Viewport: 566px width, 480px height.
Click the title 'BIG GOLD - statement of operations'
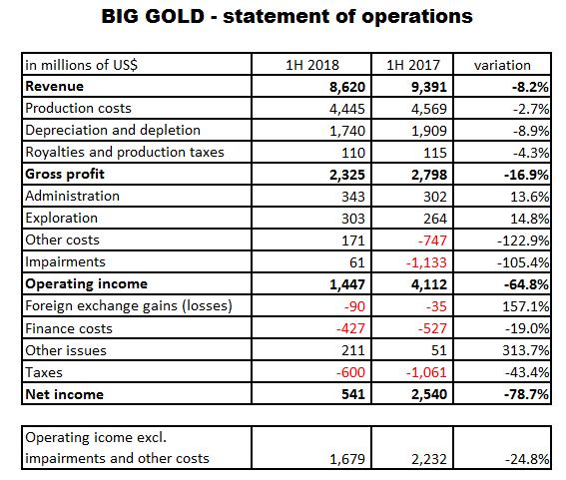[x=286, y=16]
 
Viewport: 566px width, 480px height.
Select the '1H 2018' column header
[x=312, y=65]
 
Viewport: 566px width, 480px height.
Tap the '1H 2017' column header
[x=413, y=65]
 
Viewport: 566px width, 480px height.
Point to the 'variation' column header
[x=502, y=65]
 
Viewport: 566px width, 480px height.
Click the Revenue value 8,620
[x=347, y=87]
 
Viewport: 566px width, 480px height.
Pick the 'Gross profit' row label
[x=65, y=174]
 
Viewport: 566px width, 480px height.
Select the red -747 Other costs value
[x=432, y=240]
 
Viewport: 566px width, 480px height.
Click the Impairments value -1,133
[x=426, y=262]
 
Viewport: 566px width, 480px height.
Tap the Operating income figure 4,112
[x=429, y=284]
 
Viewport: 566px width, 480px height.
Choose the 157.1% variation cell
[x=526, y=306]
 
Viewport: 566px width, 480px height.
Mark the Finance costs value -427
[x=350, y=328]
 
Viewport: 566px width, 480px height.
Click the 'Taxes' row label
[x=44, y=372]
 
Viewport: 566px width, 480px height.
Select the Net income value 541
[x=353, y=394]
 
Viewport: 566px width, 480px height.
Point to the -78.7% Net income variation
[x=527, y=394]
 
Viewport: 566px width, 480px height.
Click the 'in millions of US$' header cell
[x=81, y=65]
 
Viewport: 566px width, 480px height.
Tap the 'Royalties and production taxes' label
[x=125, y=153]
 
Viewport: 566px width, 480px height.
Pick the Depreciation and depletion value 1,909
[x=429, y=131]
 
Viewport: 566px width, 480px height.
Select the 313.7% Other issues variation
[x=526, y=350]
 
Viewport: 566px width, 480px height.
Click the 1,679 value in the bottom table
[x=347, y=459]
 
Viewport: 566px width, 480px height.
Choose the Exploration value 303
[x=353, y=219]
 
